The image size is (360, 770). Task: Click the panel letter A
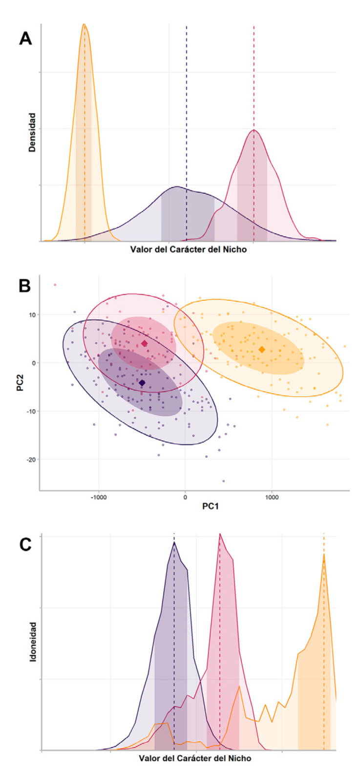(x=25, y=38)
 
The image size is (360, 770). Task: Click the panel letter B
(x=25, y=286)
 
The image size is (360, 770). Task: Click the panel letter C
(x=25, y=545)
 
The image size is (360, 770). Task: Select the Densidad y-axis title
(x=32, y=132)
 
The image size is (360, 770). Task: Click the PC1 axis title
(x=211, y=506)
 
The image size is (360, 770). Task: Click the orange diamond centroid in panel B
(x=262, y=350)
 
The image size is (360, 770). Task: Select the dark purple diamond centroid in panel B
(x=142, y=383)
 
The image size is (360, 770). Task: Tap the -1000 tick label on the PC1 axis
(x=99, y=497)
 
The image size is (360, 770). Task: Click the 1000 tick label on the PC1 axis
(x=272, y=497)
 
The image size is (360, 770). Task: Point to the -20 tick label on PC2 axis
(x=31, y=459)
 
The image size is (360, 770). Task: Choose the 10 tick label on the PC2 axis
(x=32, y=314)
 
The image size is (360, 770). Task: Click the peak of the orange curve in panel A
(x=84, y=24)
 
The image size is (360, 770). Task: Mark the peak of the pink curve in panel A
(x=254, y=130)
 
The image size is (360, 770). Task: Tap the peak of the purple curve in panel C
(x=174, y=542)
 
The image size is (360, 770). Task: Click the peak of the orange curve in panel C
(x=324, y=554)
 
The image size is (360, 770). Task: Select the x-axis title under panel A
(x=189, y=250)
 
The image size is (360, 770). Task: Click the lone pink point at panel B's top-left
(x=55, y=285)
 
